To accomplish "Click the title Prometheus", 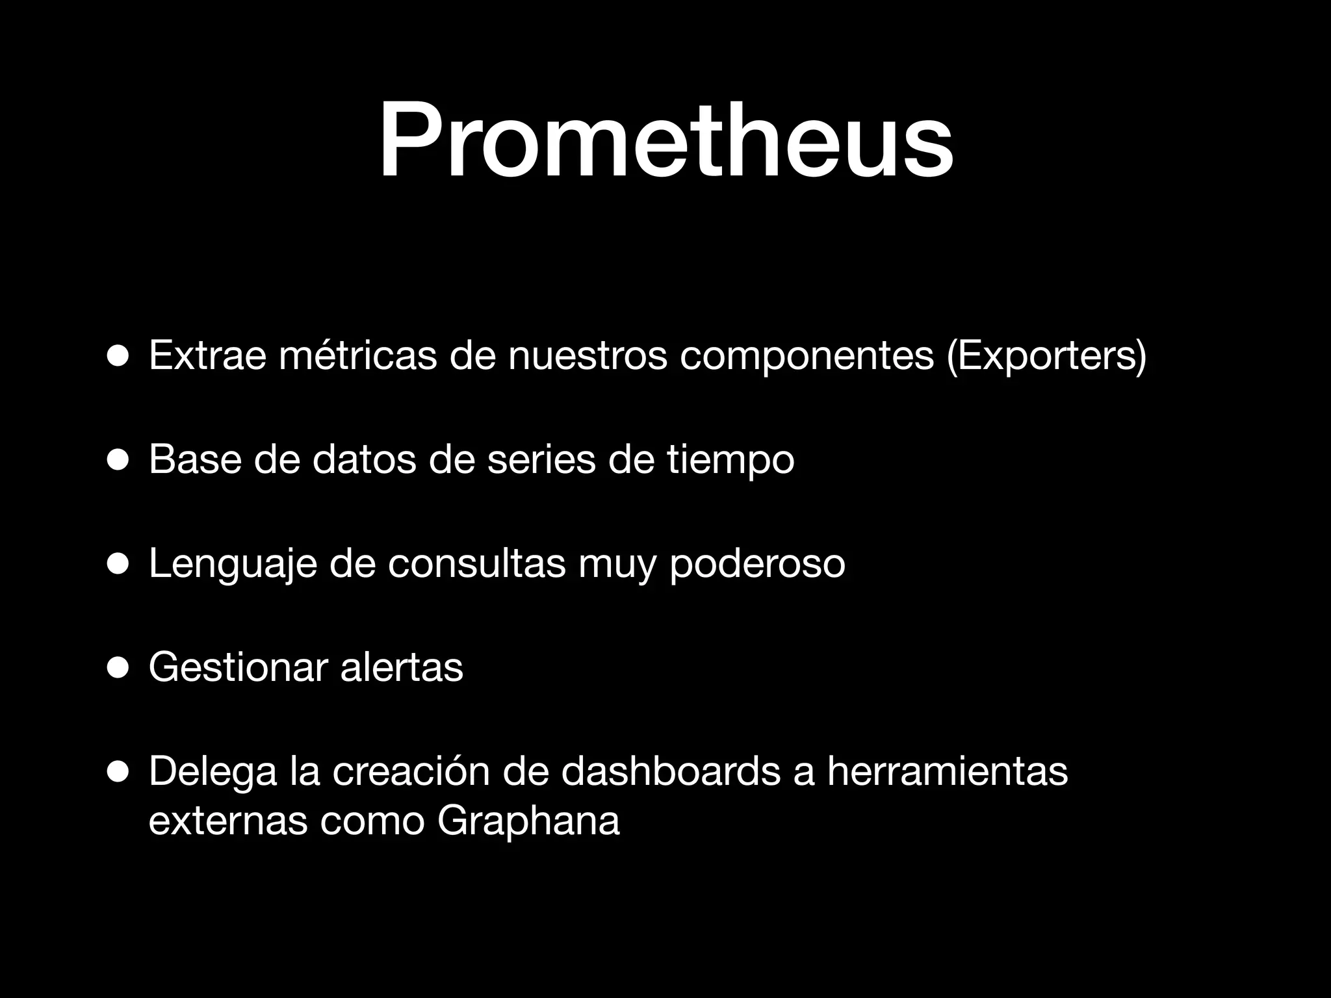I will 665,140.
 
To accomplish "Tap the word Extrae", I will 207,355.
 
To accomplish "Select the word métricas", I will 357,355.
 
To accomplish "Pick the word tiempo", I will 730,460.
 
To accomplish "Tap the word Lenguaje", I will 233,564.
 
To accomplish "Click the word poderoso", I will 757,564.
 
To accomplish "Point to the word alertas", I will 402,667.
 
